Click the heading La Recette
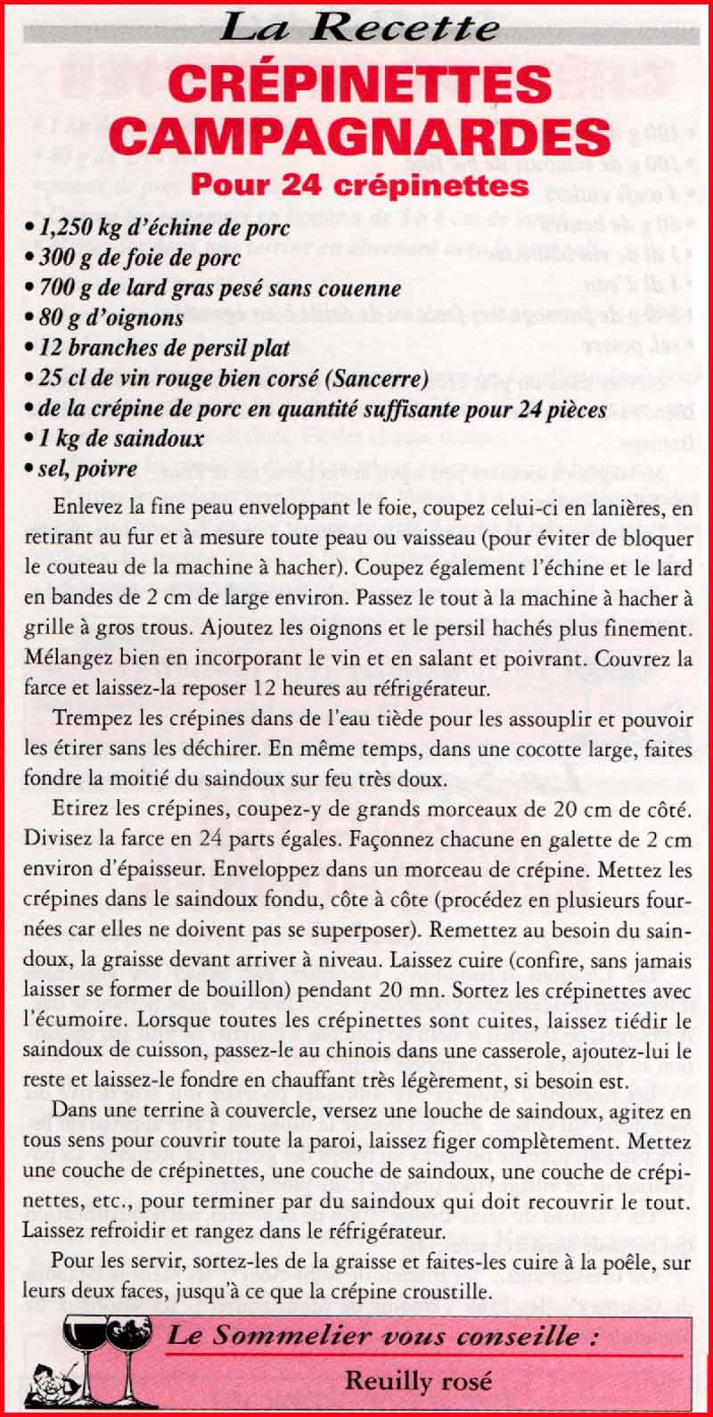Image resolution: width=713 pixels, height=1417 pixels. click(358, 29)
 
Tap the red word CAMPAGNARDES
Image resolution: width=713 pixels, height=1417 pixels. click(360, 136)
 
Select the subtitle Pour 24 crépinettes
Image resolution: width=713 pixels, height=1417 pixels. click(359, 185)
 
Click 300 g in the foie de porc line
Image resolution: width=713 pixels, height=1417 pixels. click(61, 259)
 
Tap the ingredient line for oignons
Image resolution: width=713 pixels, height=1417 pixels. click(111, 317)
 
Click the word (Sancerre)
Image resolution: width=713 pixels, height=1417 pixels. click(378, 378)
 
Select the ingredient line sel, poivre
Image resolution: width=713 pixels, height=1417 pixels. click(86, 469)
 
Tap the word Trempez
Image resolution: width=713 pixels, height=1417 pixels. click(88, 721)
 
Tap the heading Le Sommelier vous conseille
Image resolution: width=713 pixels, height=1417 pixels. click(382, 1336)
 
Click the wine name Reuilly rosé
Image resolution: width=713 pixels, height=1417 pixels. click(418, 1380)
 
